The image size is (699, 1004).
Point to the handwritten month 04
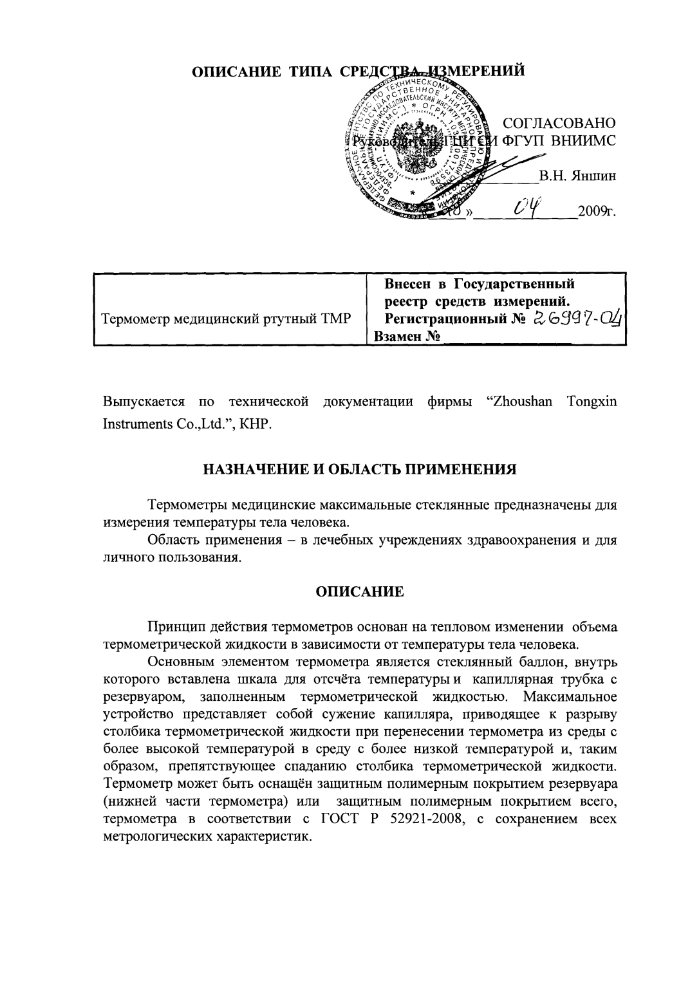click(x=527, y=207)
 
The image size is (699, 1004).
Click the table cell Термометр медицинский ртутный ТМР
click(x=227, y=319)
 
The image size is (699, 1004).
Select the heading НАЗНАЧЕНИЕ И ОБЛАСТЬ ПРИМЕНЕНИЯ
click(x=360, y=469)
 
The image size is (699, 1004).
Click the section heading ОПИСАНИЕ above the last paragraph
click(x=360, y=591)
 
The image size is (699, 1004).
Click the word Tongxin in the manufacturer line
click(x=592, y=402)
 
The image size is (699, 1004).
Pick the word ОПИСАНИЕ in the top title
click(x=231, y=71)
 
